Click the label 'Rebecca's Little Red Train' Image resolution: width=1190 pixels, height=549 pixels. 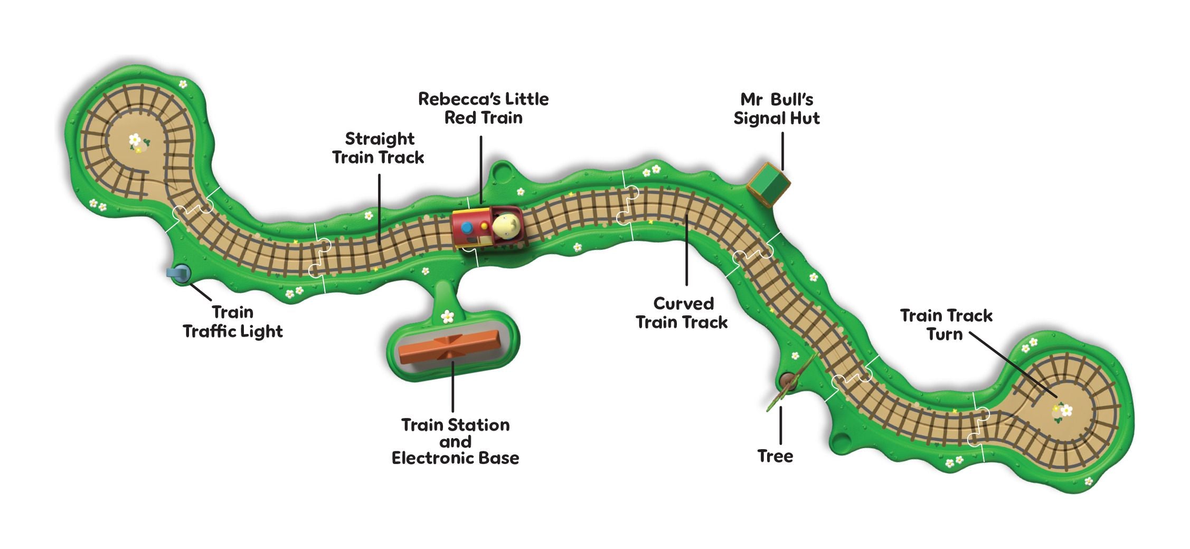pos(483,108)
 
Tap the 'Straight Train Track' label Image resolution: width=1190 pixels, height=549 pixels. pos(379,148)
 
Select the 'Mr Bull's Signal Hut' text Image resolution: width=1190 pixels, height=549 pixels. pos(776,108)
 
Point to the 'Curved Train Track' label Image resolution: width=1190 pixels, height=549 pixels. pos(682,313)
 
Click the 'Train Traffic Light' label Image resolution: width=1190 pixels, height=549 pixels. pos(233,322)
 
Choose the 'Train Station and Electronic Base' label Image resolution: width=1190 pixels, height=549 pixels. pos(455,441)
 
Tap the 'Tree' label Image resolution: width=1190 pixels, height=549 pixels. pos(775,456)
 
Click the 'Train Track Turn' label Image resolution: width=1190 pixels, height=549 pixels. pos(946,324)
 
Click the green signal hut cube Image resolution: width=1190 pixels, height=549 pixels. pos(768,183)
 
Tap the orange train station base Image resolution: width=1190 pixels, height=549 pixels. pos(449,346)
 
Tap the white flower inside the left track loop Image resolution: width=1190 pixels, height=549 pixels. pos(135,140)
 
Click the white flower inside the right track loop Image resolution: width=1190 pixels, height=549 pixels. pos(1066,410)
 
